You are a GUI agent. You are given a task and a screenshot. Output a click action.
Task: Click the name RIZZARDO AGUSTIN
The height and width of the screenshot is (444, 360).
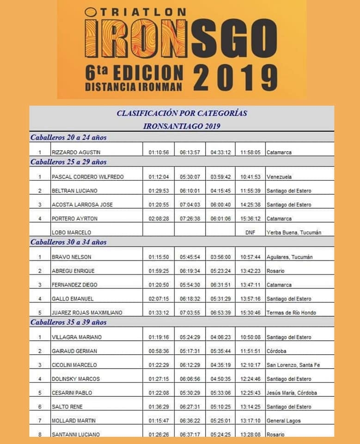pos(76,152)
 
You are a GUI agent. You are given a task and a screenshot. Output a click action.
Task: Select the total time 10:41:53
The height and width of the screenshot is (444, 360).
pos(250,177)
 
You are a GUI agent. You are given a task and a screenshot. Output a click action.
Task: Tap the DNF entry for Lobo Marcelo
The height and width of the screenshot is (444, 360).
pos(250,233)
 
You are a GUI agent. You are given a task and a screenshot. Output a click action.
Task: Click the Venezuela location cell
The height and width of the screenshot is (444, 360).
pos(279,177)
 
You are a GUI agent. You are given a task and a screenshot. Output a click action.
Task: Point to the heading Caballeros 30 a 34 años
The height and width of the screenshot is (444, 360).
pos(68,242)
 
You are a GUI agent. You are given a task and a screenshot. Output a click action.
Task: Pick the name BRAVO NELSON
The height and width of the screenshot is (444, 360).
pos(72,257)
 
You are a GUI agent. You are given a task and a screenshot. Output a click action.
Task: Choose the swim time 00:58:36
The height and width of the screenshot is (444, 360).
pos(159,351)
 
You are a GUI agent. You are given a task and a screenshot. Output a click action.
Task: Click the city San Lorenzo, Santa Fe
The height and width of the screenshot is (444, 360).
pos(293,365)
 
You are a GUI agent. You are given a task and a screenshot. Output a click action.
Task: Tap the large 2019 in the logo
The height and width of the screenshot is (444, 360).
pos(235,77)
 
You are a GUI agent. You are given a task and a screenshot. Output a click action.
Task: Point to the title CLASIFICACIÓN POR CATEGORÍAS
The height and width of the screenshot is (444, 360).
pos(182,113)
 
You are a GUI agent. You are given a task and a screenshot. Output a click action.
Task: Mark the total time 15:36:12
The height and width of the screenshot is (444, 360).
pos(250,218)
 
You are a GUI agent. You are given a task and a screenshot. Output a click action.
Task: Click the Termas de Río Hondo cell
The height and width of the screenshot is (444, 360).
pos(291,313)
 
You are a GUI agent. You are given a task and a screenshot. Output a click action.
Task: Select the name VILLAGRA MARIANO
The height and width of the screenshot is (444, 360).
pos(77,337)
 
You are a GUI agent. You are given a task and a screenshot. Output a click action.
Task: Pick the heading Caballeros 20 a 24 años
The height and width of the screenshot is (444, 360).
pos(68,137)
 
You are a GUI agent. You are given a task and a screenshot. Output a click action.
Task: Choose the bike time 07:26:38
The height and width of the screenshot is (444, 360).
pos(189,218)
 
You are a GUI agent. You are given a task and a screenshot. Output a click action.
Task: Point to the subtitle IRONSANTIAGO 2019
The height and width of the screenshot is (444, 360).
pos(182,126)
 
